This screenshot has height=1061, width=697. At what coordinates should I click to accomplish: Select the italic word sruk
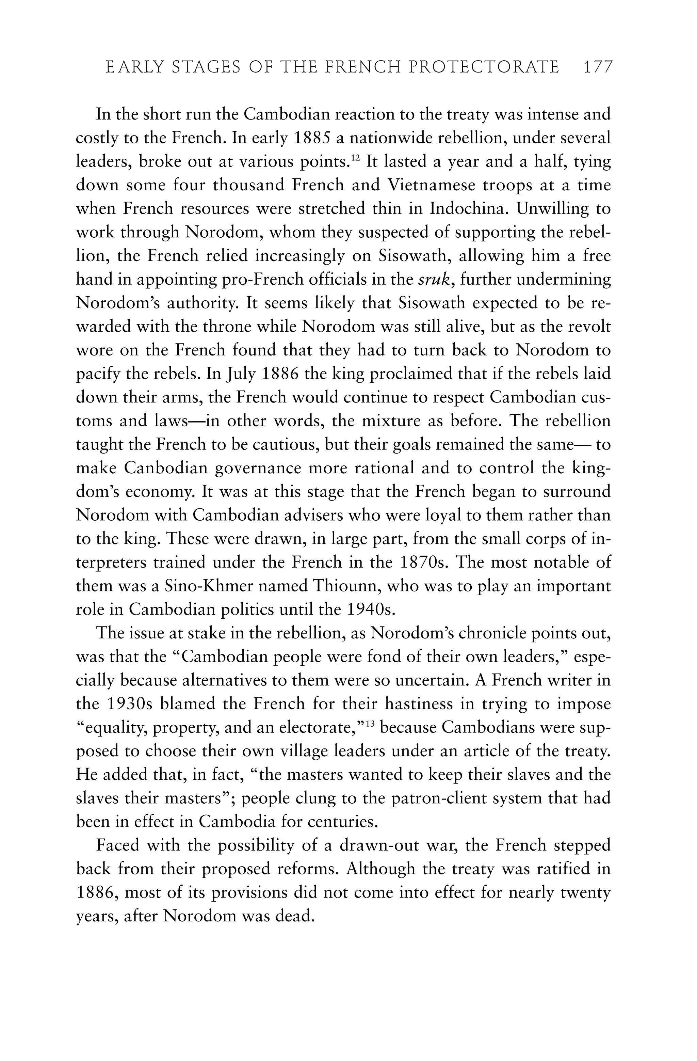435,280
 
